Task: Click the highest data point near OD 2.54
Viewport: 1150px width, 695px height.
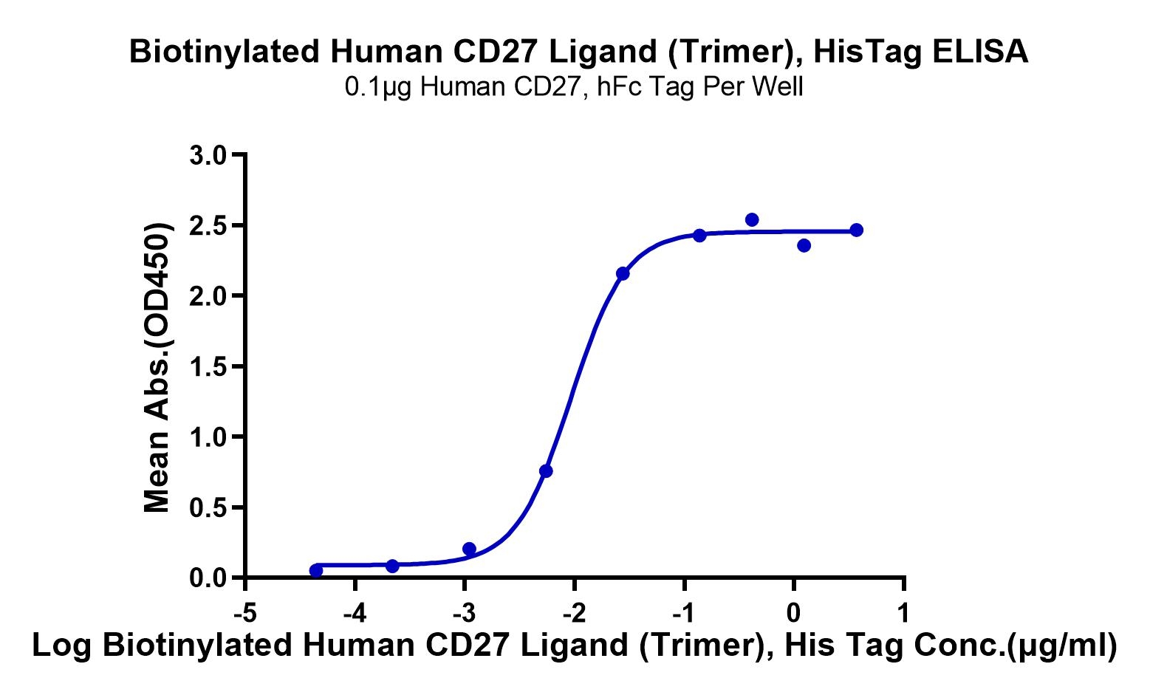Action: [x=752, y=219]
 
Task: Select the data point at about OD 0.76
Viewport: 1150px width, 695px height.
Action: [x=546, y=470]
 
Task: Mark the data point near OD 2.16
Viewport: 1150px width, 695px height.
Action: [x=623, y=274]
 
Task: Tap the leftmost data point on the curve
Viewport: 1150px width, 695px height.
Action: [x=316, y=570]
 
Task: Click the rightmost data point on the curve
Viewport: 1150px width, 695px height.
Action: [x=856, y=230]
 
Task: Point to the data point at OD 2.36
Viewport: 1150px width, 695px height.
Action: [x=804, y=245]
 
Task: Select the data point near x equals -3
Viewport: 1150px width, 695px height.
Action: [x=469, y=549]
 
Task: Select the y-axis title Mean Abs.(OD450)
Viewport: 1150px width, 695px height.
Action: [x=157, y=366]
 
